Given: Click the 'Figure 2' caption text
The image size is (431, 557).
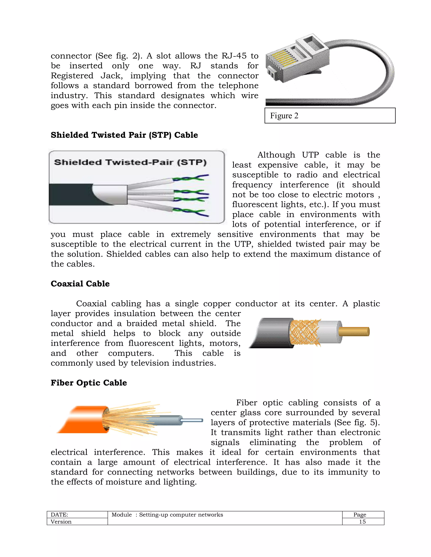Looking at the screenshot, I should point(284,116).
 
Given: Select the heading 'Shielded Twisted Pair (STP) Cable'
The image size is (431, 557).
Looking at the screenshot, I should point(124,135).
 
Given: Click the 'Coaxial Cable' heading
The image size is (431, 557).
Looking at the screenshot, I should point(80,284).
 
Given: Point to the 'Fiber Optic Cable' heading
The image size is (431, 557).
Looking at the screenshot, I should point(89,383).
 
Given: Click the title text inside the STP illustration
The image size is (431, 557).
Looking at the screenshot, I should point(130,162).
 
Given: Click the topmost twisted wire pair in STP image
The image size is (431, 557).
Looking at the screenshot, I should point(190,178).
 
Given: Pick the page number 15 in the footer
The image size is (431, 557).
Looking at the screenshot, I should point(362,521).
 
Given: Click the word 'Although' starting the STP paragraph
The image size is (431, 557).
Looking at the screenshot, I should point(276,155).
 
